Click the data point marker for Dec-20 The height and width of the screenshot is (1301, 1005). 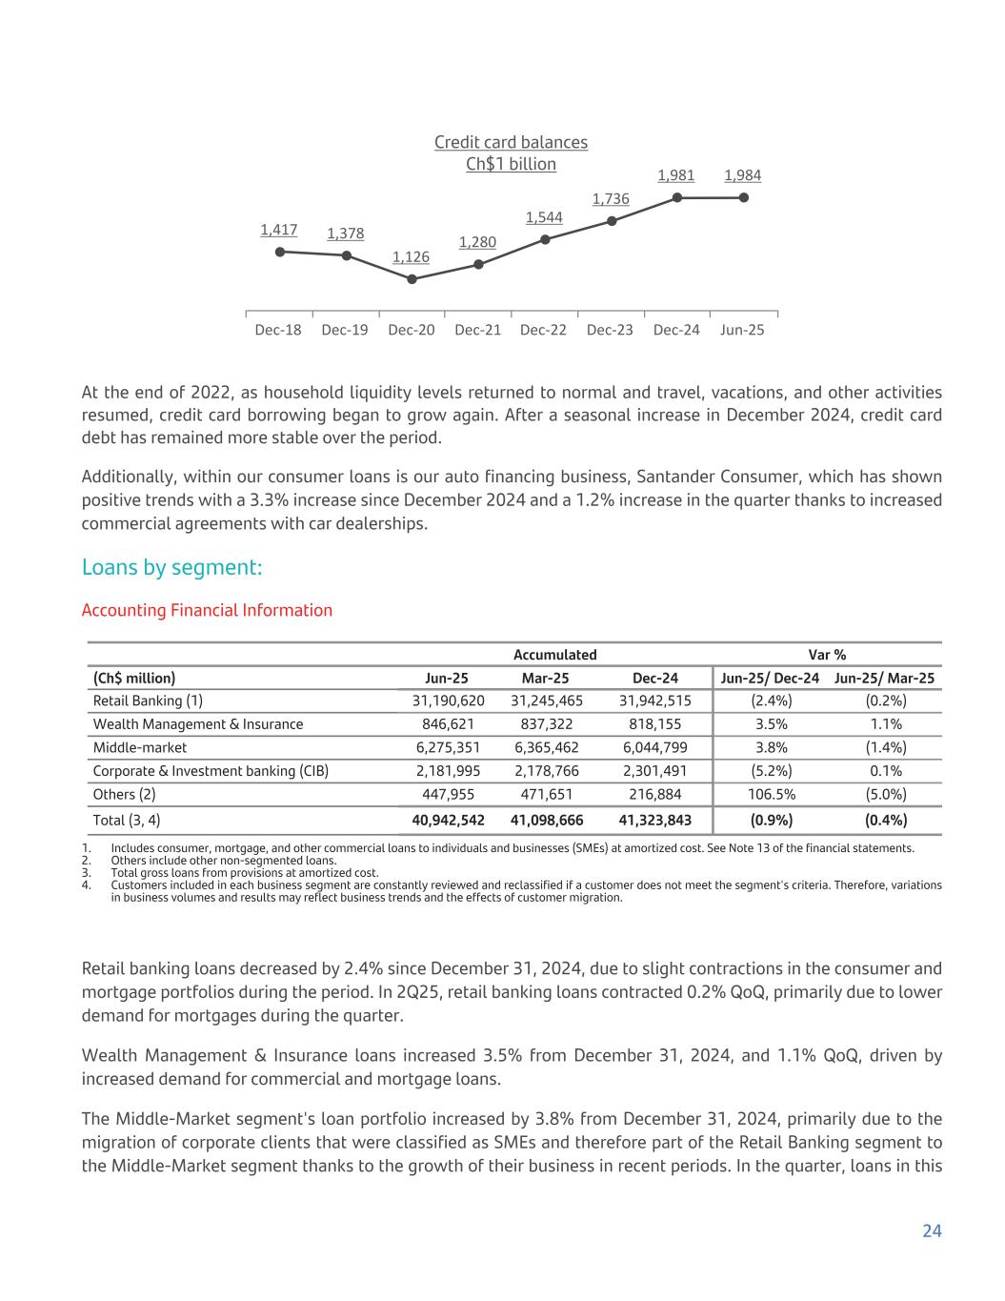[x=412, y=279]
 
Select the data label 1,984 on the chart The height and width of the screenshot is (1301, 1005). [x=743, y=176]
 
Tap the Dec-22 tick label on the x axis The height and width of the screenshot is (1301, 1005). [x=544, y=330]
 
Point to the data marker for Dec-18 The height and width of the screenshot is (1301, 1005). [x=279, y=252]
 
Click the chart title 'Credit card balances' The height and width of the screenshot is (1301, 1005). [x=511, y=142]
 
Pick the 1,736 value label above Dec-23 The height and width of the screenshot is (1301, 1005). [x=611, y=199]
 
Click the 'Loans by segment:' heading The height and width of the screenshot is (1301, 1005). [x=171, y=568]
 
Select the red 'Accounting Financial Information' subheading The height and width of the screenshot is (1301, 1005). [x=207, y=610]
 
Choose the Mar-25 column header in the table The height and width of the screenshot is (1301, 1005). [x=546, y=679]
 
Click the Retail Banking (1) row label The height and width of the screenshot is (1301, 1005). [x=148, y=701]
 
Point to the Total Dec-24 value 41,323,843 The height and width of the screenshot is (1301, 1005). [x=655, y=821]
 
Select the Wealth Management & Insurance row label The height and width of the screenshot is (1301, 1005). [x=198, y=724]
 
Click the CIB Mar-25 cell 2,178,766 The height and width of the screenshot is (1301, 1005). [x=547, y=771]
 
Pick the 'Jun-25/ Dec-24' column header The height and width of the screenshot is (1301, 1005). [x=770, y=679]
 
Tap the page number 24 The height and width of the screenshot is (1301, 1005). [x=932, y=1231]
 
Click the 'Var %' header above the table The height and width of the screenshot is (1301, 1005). [x=827, y=655]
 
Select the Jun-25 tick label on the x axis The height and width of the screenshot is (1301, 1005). [x=743, y=330]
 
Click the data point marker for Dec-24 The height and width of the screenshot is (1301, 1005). [x=677, y=198]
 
